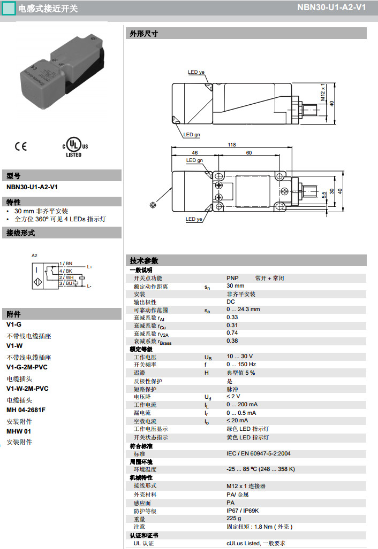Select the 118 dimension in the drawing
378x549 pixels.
[x=232, y=145]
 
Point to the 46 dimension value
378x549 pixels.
[x=195, y=153]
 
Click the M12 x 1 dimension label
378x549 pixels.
[x=323, y=92]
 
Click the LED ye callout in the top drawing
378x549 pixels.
[x=196, y=72]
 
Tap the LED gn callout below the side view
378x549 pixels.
[x=191, y=135]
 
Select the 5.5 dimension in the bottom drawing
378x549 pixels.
[x=324, y=195]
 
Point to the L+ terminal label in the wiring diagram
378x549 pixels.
[x=89, y=267]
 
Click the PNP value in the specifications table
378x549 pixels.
[x=232, y=278]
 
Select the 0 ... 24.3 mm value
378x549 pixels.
[x=243, y=309]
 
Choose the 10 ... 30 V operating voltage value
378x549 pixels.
[x=239, y=356]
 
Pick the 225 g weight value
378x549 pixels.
[x=233, y=519]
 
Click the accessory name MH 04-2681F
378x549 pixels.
[x=26, y=410]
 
